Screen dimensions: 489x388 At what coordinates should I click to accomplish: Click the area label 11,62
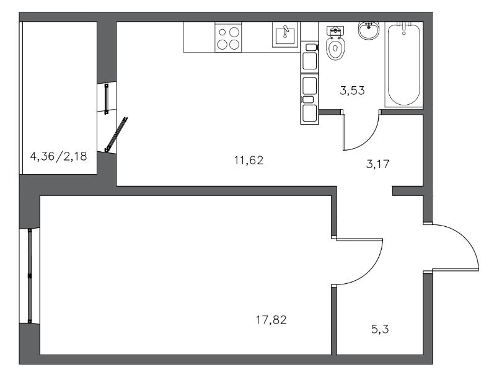pyautogui.click(x=249, y=161)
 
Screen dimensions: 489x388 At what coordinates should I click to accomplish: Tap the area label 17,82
pyautogui.click(x=271, y=320)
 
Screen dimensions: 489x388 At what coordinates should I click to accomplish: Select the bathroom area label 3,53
pyautogui.click(x=352, y=90)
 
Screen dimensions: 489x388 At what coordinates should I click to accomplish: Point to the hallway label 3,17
pyautogui.click(x=378, y=164)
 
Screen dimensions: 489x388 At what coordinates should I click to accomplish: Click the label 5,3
pyautogui.click(x=380, y=329)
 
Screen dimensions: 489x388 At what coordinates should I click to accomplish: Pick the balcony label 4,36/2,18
pyautogui.click(x=58, y=156)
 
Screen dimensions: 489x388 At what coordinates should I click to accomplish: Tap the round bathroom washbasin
pyautogui.click(x=369, y=30)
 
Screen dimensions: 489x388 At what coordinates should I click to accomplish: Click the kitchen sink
pyautogui.click(x=285, y=35)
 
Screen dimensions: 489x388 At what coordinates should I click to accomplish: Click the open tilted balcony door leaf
pyautogui.click(x=117, y=134)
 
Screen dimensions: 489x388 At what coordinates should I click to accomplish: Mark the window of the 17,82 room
pyautogui.click(x=30, y=276)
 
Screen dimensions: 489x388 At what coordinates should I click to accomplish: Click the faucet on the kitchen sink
pyautogui.click(x=286, y=31)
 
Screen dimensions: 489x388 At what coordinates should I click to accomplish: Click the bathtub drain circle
pyautogui.click(x=404, y=33)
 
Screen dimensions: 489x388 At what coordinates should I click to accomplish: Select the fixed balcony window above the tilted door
pyautogui.click(x=107, y=99)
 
